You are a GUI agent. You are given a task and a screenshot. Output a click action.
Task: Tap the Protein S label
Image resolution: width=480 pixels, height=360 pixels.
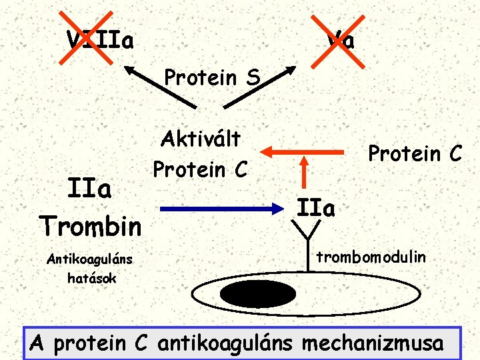pyautogui.click(x=212, y=77)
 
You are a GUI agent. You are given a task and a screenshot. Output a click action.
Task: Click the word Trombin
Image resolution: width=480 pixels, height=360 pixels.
pyautogui.click(x=90, y=225)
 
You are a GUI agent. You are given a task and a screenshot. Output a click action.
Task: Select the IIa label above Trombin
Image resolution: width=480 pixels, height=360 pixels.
pyautogui.click(x=91, y=190)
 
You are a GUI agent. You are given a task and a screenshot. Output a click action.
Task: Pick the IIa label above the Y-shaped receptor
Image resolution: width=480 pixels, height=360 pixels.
pyautogui.click(x=317, y=208)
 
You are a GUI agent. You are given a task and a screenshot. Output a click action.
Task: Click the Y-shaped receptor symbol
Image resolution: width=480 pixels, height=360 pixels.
pyautogui.click(x=308, y=237)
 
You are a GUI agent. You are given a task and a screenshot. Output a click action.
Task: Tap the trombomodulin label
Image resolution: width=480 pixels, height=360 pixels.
pyautogui.click(x=371, y=255)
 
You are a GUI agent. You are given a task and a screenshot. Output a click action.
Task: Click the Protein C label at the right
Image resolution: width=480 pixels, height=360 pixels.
pyautogui.click(x=415, y=154)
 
